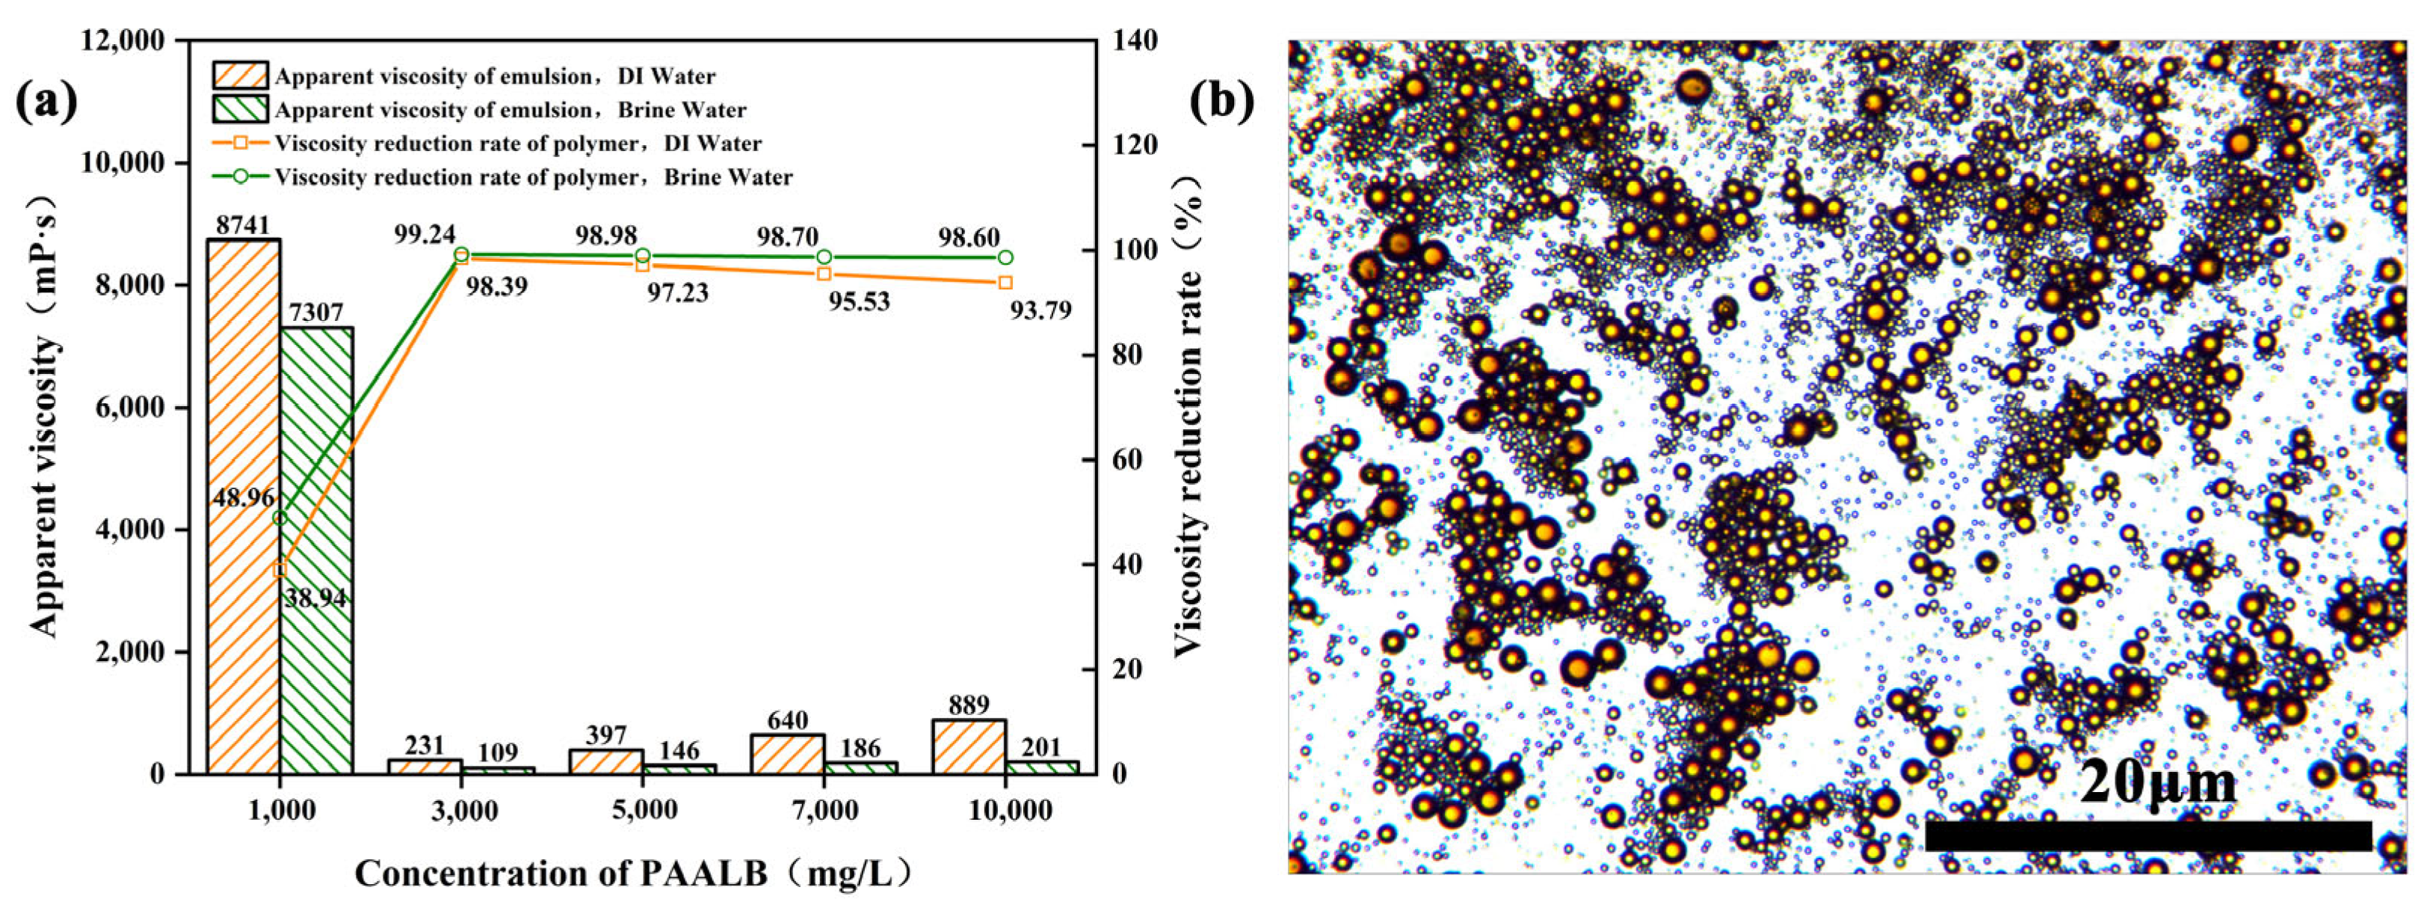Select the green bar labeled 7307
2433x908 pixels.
click(x=316, y=550)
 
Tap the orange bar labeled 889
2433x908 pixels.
click(x=968, y=747)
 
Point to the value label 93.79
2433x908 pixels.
click(x=1040, y=310)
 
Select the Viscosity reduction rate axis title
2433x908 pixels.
click(x=1189, y=416)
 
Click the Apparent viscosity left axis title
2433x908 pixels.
click(x=43, y=416)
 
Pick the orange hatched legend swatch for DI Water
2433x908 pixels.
click(x=240, y=76)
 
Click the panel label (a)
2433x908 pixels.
click(x=46, y=101)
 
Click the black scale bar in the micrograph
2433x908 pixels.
click(x=2147, y=835)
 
